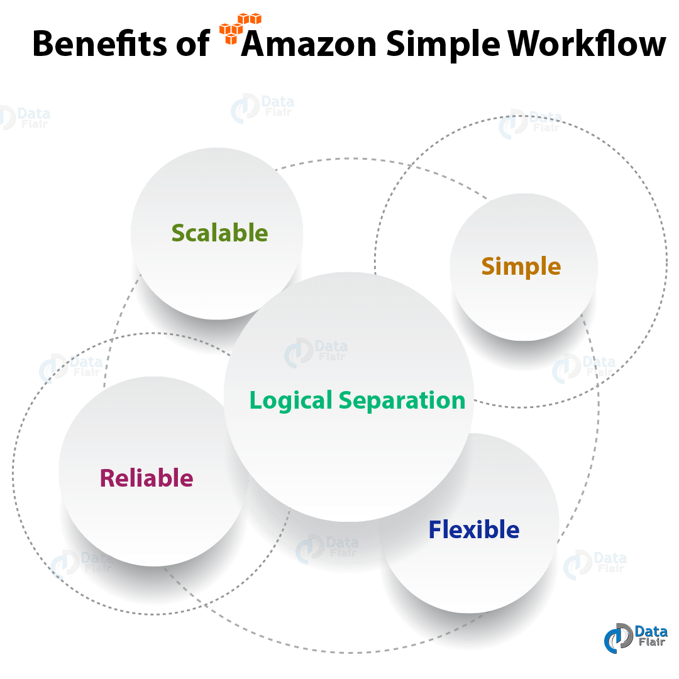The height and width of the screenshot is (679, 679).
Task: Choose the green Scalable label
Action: (219, 233)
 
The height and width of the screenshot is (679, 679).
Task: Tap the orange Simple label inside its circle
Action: (521, 267)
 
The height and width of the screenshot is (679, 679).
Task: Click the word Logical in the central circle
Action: (290, 400)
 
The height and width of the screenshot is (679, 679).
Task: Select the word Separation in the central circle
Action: (402, 400)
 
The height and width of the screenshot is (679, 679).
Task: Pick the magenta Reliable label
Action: (146, 478)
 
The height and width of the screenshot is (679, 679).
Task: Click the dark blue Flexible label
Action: (474, 530)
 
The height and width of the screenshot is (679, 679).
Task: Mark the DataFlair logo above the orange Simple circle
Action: (529, 122)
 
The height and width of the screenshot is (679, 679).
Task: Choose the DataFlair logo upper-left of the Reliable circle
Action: (70, 367)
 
